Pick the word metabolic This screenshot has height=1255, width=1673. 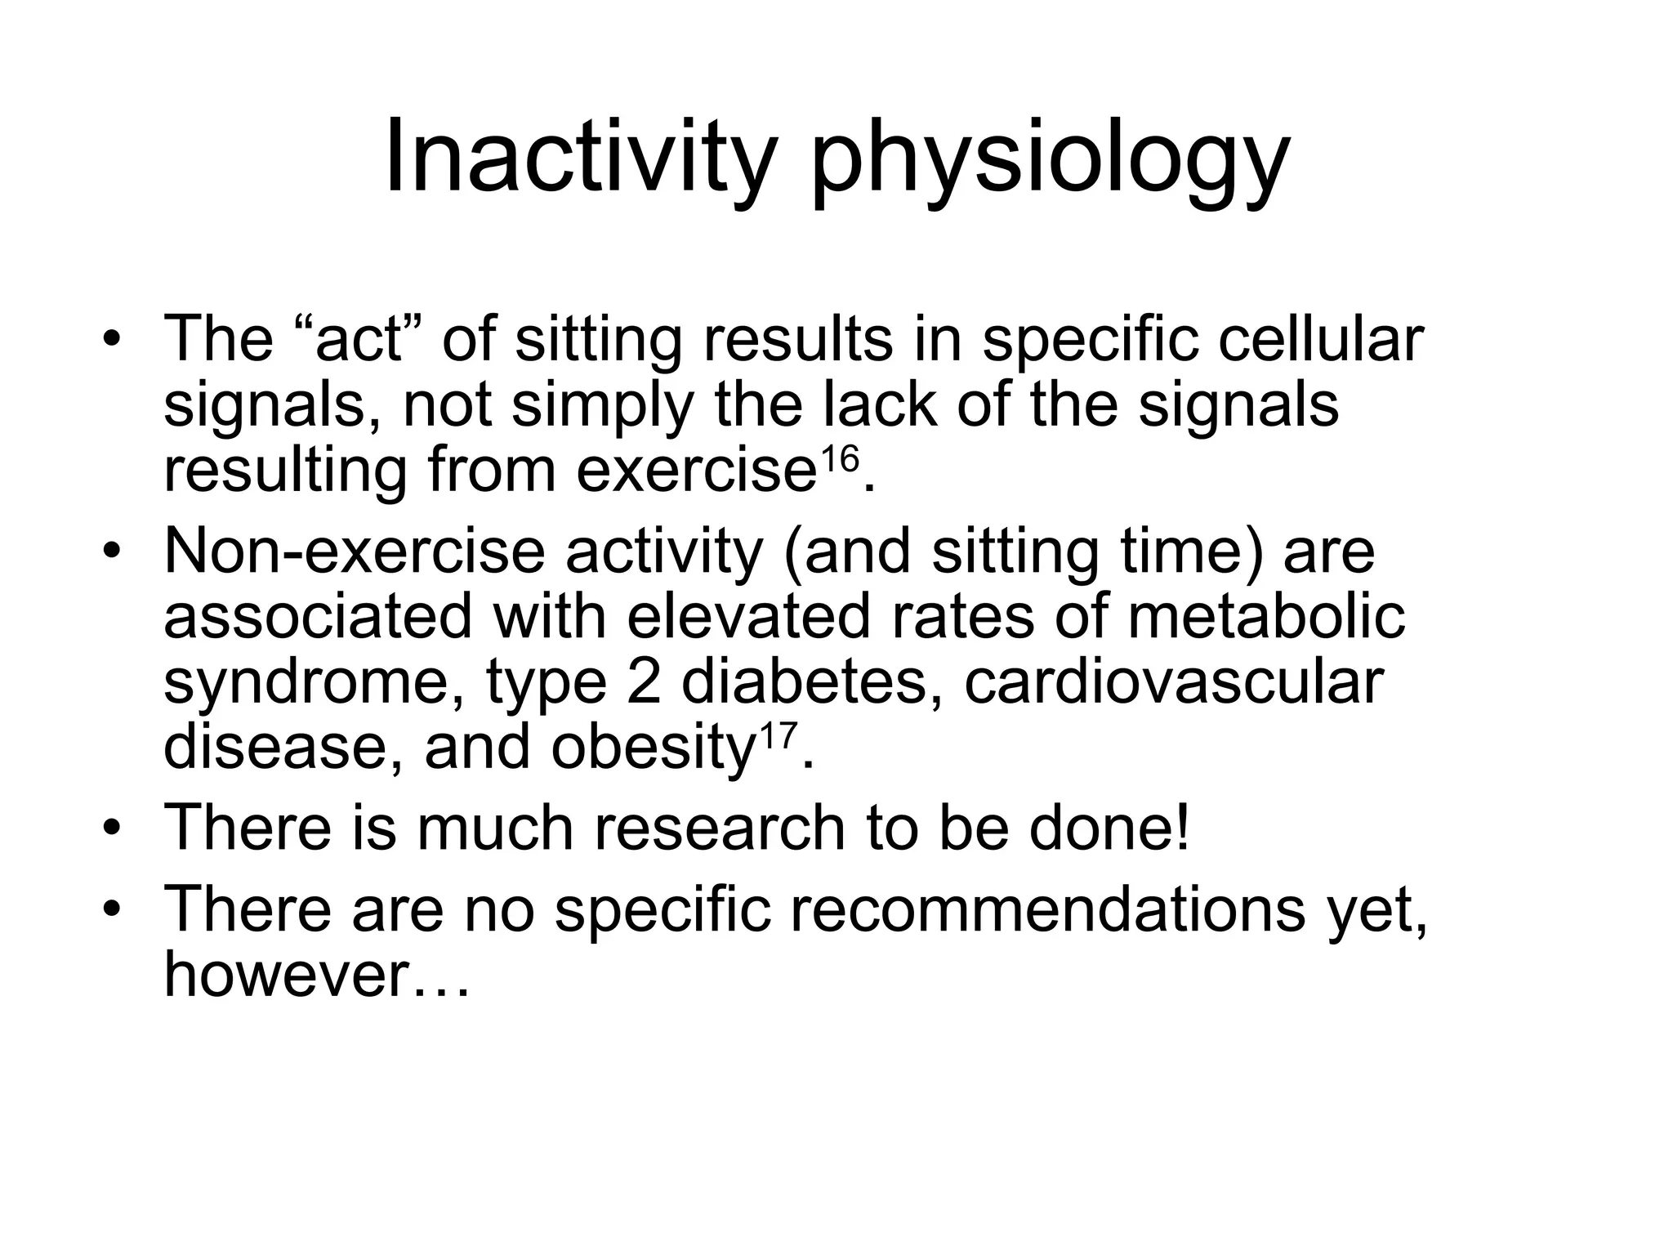[1266, 617]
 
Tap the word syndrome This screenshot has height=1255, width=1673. [315, 682]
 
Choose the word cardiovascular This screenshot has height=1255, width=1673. [1174, 682]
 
